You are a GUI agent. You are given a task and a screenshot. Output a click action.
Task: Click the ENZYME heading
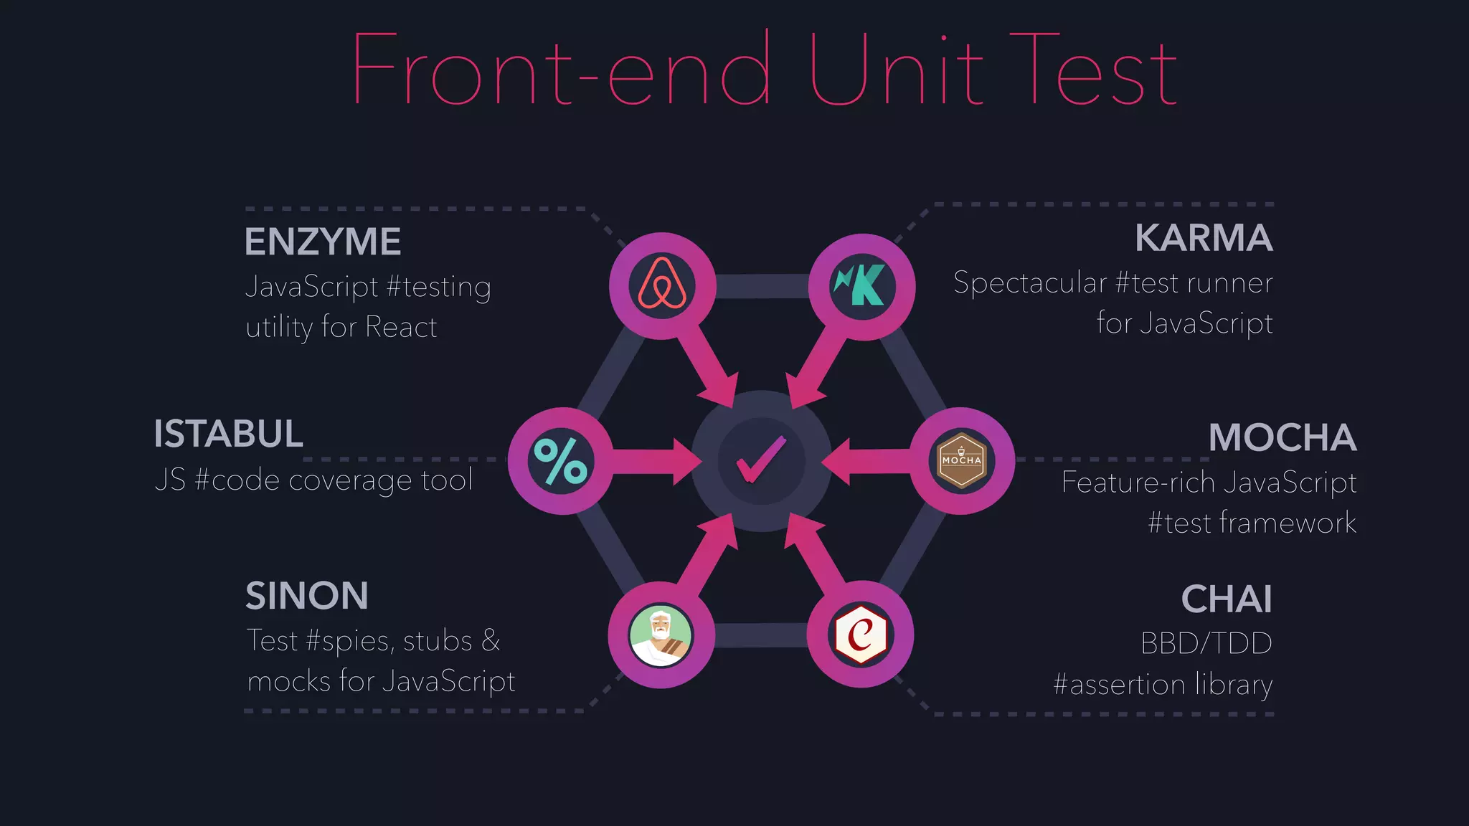[322, 242]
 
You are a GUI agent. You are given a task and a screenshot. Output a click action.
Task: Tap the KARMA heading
[1203, 238]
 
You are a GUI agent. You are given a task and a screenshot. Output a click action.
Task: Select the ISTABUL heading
[228, 434]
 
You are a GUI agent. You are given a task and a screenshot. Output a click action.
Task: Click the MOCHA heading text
[1282, 437]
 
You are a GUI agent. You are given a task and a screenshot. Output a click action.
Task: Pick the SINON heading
[306, 596]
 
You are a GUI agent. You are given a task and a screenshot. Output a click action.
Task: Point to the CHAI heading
[1226, 599]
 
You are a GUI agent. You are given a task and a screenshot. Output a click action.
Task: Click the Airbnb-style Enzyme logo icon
[662, 285]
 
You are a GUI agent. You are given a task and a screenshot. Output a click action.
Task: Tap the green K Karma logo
[861, 285]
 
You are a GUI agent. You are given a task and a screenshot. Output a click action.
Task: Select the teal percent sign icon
[561, 461]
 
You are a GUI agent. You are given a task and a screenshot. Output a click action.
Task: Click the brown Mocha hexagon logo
[961, 461]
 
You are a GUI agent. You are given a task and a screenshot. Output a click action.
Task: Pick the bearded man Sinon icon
[661, 635]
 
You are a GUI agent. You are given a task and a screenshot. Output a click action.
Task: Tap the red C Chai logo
[860, 635]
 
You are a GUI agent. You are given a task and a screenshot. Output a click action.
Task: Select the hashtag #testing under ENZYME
[438, 287]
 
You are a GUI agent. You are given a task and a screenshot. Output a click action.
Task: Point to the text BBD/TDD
[1206, 643]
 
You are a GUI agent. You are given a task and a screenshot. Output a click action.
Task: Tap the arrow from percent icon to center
[653, 461]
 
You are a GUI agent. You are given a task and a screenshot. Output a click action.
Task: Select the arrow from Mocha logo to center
[868, 461]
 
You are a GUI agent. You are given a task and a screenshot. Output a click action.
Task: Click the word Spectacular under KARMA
[1029, 283]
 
